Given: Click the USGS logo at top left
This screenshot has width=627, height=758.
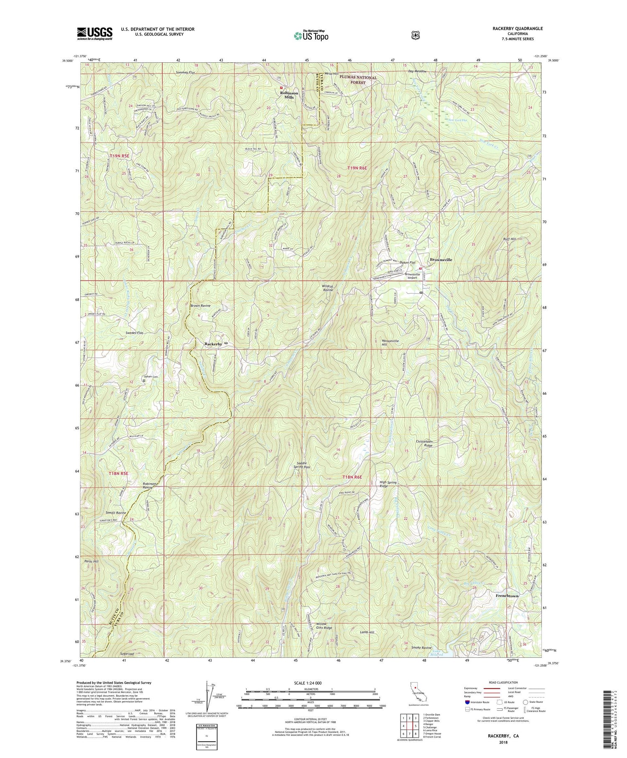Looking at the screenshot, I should [x=94, y=33].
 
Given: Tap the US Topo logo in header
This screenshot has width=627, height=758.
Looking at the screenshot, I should [x=311, y=36].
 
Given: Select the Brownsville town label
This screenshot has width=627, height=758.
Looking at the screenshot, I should [x=441, y=260].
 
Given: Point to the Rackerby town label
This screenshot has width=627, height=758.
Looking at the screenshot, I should [x=213, y=344].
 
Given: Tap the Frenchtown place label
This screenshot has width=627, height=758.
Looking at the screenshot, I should [x=507, y=595].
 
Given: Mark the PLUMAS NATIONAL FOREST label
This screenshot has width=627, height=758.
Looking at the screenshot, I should [x=358, y=80].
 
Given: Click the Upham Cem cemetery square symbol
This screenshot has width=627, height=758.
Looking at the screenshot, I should [x=144, y=380].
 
